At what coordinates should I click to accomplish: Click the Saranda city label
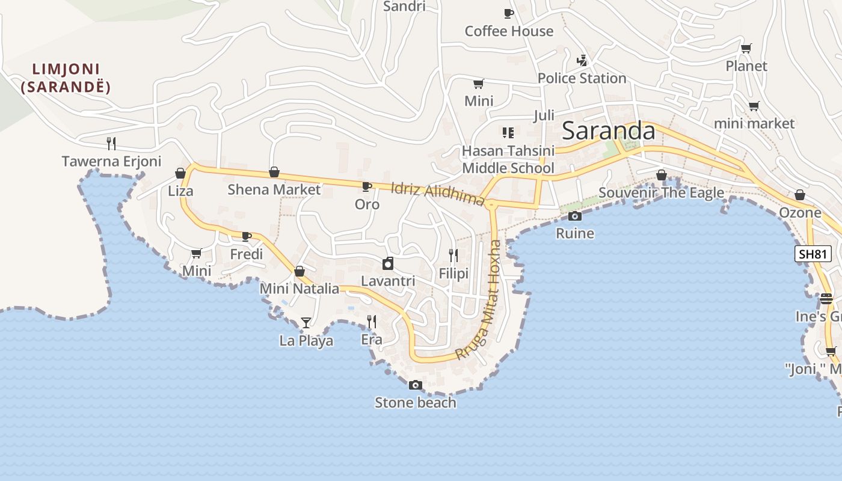(608, 130)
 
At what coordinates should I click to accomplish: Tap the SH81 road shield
(813, 254)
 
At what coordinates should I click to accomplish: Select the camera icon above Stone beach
(415, 385)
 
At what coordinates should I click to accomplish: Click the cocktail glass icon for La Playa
(306, 322)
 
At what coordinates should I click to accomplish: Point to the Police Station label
(582, 78)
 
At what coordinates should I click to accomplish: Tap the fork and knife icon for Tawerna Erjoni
(111, 143)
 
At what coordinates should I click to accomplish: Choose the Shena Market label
(274, 189)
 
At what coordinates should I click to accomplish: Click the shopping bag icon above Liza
(180, 173)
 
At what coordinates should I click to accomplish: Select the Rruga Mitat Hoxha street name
(479, 300)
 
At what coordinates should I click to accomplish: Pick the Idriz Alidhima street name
(437, 194)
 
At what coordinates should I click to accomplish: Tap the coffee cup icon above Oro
(367, 186)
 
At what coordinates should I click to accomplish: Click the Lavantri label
(388, 281)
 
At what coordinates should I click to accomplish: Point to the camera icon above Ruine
(575, 216)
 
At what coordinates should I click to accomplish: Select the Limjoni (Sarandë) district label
(66, 78)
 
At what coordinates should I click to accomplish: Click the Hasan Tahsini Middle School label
(508, 159)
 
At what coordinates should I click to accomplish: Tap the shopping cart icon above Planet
(746, 48)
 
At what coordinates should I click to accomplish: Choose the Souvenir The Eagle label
(661, 193)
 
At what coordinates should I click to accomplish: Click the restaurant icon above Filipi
(453, 256)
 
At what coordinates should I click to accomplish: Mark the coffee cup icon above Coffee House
(509, 13)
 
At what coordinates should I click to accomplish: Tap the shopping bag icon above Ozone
(800, 195)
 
